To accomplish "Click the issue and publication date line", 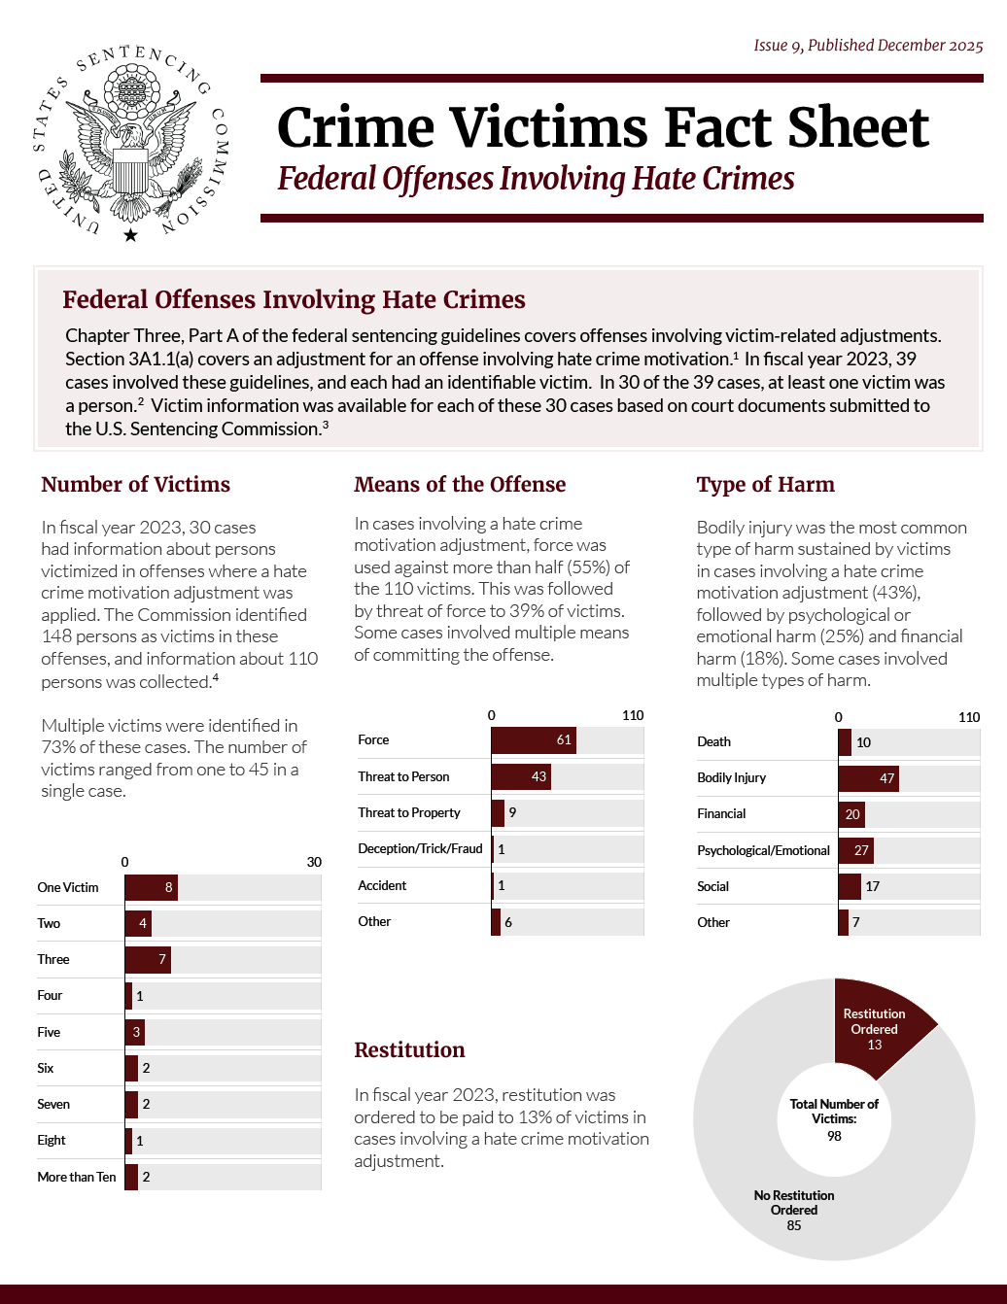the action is click(x=868, y=46).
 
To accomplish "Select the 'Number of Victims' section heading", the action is click(x=136, y=484).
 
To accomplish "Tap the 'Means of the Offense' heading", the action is click(x=460, y=484).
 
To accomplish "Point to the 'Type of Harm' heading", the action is click(x=765, y=484).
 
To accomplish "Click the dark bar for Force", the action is click(x=533, y=740).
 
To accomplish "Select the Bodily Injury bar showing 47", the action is click(x=868, y=778).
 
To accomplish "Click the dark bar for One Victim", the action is click(x=151, y=887).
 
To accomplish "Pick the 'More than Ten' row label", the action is click(x=77, y=1177).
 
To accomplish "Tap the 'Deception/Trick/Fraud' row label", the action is click(x=420, y=849).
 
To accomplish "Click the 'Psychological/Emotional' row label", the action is click(x=763, y=850).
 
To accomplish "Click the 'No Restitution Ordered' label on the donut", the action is click(x=794, y=1203).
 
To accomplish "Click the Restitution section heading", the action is click(x=409, y=1049).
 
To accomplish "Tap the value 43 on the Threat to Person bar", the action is click(x=538, y=776).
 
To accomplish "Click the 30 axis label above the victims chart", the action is click(x=314, y=862).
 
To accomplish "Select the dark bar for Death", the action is click(x=845, y=742).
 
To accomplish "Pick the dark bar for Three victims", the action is click(x=148, y=960).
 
